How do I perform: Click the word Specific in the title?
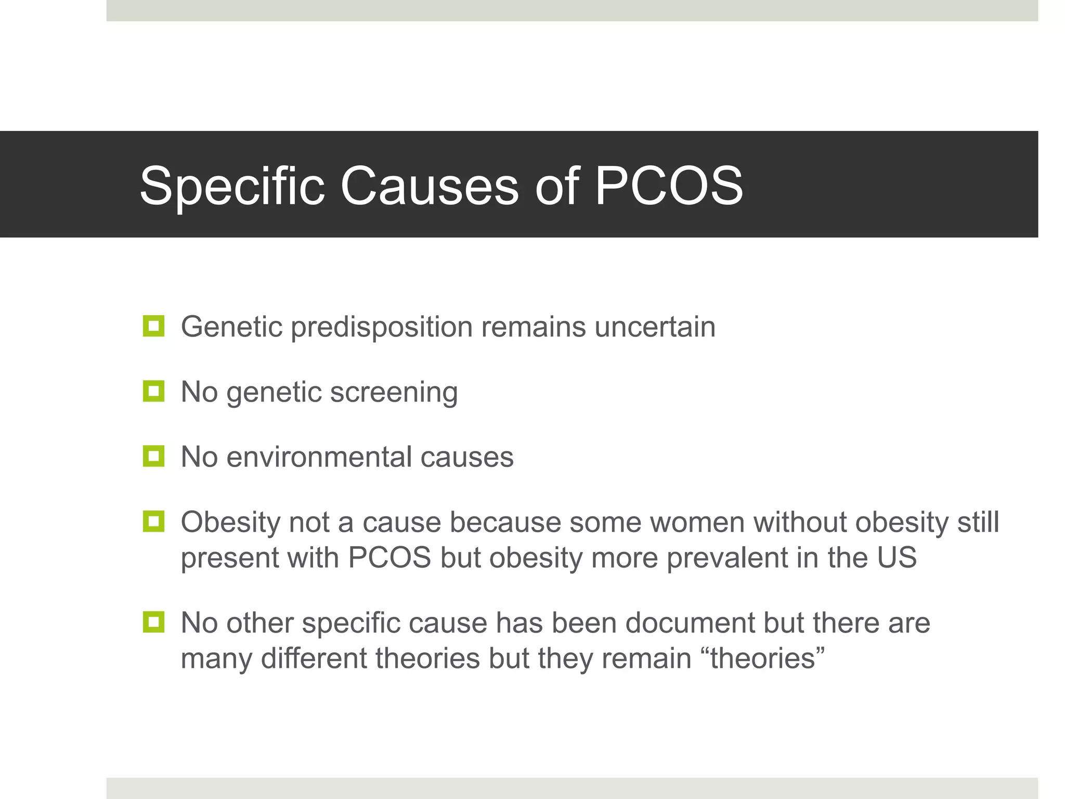click(232, 186)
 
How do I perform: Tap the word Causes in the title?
click(429, 186)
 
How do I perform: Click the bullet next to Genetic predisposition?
click(153, 326)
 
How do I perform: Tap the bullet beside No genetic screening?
click(153, 391)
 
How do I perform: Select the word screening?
click(394, 392)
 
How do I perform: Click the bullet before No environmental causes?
click(153, 456)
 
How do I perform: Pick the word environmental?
click(319, 457)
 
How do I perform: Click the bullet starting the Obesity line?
click(153, 521)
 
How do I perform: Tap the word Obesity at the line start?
click(230, 522)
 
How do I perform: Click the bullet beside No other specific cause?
click(153, 622)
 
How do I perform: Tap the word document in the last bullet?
click(689, 623)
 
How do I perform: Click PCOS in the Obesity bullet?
click(389, 558)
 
